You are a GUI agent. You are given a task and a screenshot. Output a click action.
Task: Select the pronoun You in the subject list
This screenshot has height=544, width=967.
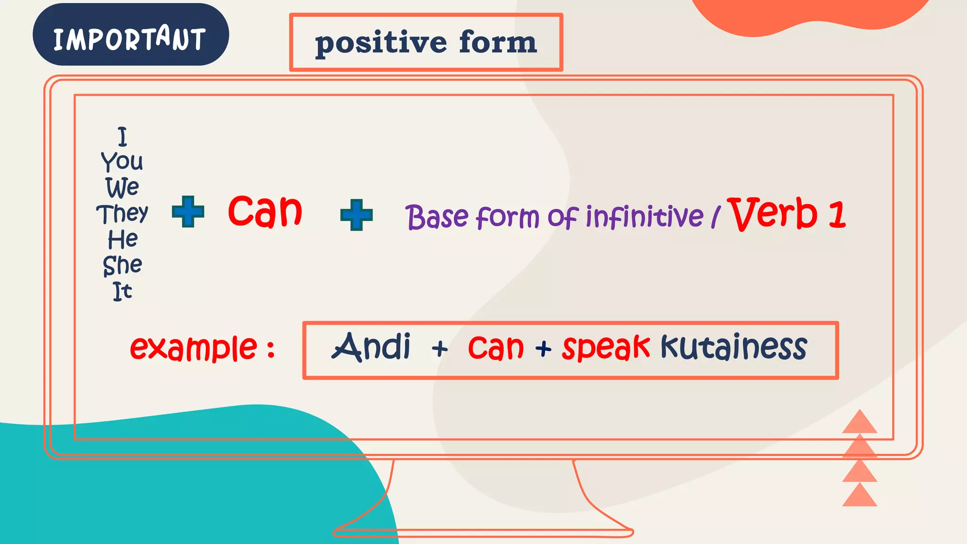tap(122, 161)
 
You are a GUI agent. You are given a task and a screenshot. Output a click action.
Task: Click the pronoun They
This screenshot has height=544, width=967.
tap(122, 214)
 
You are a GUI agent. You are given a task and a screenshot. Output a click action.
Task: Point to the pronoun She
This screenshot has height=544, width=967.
tap(122, 265)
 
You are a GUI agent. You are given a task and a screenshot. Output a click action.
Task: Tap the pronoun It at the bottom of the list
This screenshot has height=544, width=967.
tap(122, 291)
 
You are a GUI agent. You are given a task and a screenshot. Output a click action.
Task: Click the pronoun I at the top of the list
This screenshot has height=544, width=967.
tap(122, 137)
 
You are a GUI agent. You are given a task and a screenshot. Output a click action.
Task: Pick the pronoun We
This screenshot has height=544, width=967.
tap(122, 187)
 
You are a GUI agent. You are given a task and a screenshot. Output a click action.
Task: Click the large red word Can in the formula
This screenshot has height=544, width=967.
tap(265, 211)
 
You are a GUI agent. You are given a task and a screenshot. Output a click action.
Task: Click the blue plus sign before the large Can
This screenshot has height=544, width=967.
tap(188, 212)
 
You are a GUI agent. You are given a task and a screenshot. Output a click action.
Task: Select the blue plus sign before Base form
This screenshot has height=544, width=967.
tap(356, 215)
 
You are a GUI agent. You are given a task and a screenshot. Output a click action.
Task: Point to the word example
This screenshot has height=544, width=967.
tap(194, 348)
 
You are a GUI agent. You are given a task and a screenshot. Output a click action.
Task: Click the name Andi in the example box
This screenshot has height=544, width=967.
tap(372, 347)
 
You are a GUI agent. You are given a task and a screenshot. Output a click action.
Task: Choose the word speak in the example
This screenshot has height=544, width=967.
tap(606, 348)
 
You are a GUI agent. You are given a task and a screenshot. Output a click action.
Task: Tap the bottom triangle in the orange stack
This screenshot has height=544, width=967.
tap(859, 495)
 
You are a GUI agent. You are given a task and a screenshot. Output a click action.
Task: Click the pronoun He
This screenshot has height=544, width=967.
tap(122, 239)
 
